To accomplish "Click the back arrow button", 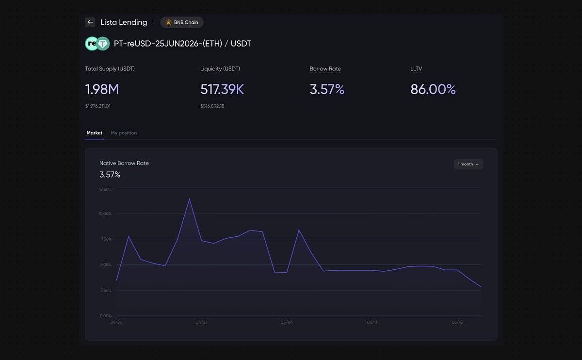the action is [90, 22].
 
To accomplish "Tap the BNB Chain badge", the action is [182, 22].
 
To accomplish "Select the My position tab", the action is [124, 133].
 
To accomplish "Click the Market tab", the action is [94, 133].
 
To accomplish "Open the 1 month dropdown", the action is [468, 164].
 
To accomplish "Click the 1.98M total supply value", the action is [102, 89].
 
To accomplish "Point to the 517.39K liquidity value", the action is [222, 89].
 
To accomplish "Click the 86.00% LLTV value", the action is [433, 89].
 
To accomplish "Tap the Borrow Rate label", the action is [325, 68].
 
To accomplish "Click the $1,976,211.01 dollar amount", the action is [97, 106].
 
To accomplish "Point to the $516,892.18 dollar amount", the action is [212, 106].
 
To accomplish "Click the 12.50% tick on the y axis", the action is [105, 189].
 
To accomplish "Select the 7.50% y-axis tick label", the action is [106, 239].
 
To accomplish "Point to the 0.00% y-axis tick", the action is [106, 316].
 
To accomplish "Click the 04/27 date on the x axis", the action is [201, 322].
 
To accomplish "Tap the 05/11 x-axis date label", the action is [372, 322].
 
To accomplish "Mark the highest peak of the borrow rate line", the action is [189, 199].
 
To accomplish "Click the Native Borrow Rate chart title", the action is [124, 163].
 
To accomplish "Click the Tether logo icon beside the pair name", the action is [103, 43].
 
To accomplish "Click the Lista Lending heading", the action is [124, 22].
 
